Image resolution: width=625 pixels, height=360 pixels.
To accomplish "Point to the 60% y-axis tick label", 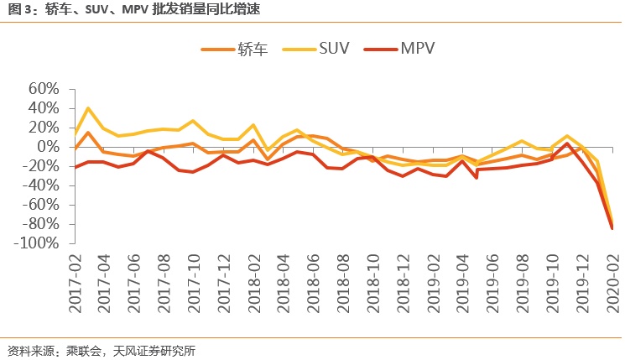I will [x=43, y=89].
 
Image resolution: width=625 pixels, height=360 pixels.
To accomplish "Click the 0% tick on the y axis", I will [x=49, y=147].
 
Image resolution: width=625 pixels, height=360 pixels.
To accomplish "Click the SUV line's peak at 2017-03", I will [x=89, y=107].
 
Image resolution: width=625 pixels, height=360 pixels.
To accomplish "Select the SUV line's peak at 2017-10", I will [x=193, y=121].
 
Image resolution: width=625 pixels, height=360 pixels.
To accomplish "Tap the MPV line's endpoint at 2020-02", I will [x=612, y=228].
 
